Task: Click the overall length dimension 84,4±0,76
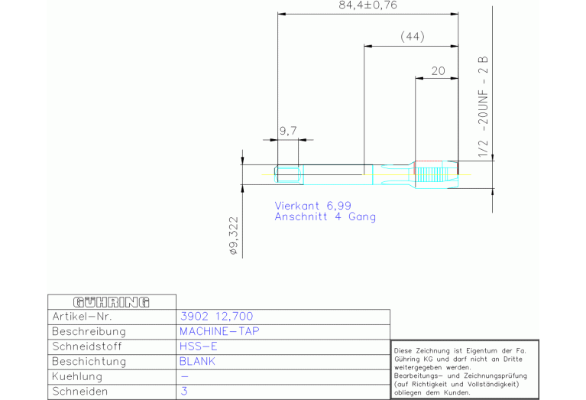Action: (367, 5)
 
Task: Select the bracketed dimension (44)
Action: (413, 37)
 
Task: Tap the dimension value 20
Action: (438, 70)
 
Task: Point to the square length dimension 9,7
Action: (288, 131)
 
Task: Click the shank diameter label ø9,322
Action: (234, 236)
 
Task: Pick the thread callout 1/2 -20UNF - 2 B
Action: (483, 106)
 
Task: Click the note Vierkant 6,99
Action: (312, 206)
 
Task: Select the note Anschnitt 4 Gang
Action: (325, 216)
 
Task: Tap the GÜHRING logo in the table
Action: (112, 302)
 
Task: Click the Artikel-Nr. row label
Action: (82, 317)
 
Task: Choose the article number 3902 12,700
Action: (216, 317)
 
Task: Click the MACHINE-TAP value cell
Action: (219, 331)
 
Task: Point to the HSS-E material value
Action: (198, 346)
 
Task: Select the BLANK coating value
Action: (197, 362)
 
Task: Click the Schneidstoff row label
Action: (86, 346)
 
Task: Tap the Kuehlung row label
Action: (77, 376)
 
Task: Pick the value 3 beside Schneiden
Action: (184, 392)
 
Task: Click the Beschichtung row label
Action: (89, 362)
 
